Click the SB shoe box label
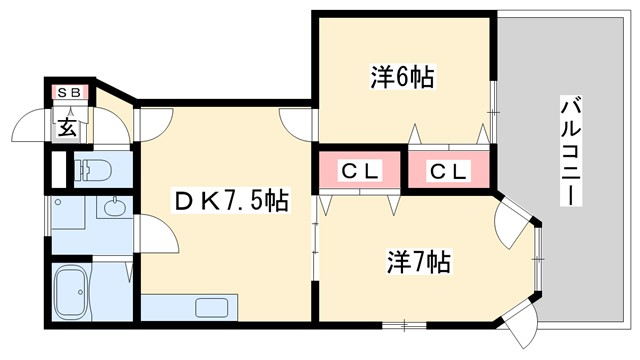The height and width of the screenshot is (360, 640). click(x=73, y=93)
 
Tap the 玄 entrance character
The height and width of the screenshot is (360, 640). click(x=67, y=127)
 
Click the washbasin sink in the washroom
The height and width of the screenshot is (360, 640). click(x=113, y=209)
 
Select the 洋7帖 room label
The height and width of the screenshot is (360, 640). click(x=419, y=262)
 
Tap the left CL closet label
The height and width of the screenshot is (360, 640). click(x=361, y=172)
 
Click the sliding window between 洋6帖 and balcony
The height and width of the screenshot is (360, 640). click(x=493, y=100)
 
